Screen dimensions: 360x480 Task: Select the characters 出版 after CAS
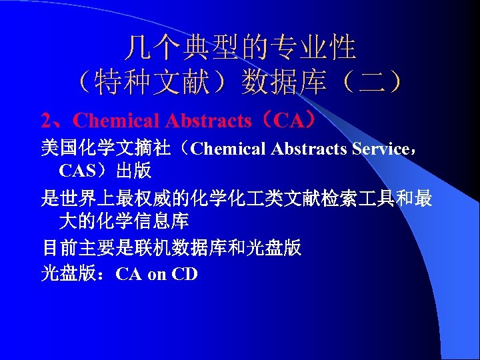[x=133, y=171]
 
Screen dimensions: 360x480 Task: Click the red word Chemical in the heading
[x=117, y=121]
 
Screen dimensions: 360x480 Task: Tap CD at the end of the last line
[x=185, y=273]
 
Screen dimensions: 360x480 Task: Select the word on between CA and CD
[x=157, y=273]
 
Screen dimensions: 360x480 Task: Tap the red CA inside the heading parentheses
[x=287, y=121]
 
